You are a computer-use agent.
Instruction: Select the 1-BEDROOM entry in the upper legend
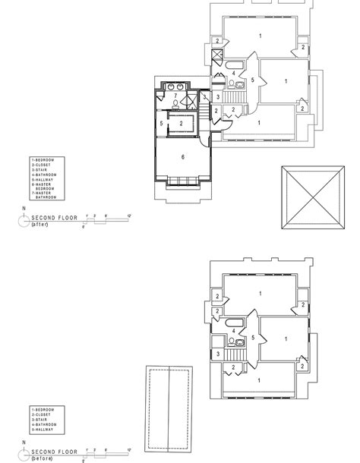point(44,160)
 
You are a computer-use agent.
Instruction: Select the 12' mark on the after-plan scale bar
point(130,216)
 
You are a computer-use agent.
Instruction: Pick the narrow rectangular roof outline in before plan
point(168,399)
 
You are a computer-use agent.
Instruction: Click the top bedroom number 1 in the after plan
point(260,36)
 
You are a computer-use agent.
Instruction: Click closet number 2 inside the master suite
point(182,123)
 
